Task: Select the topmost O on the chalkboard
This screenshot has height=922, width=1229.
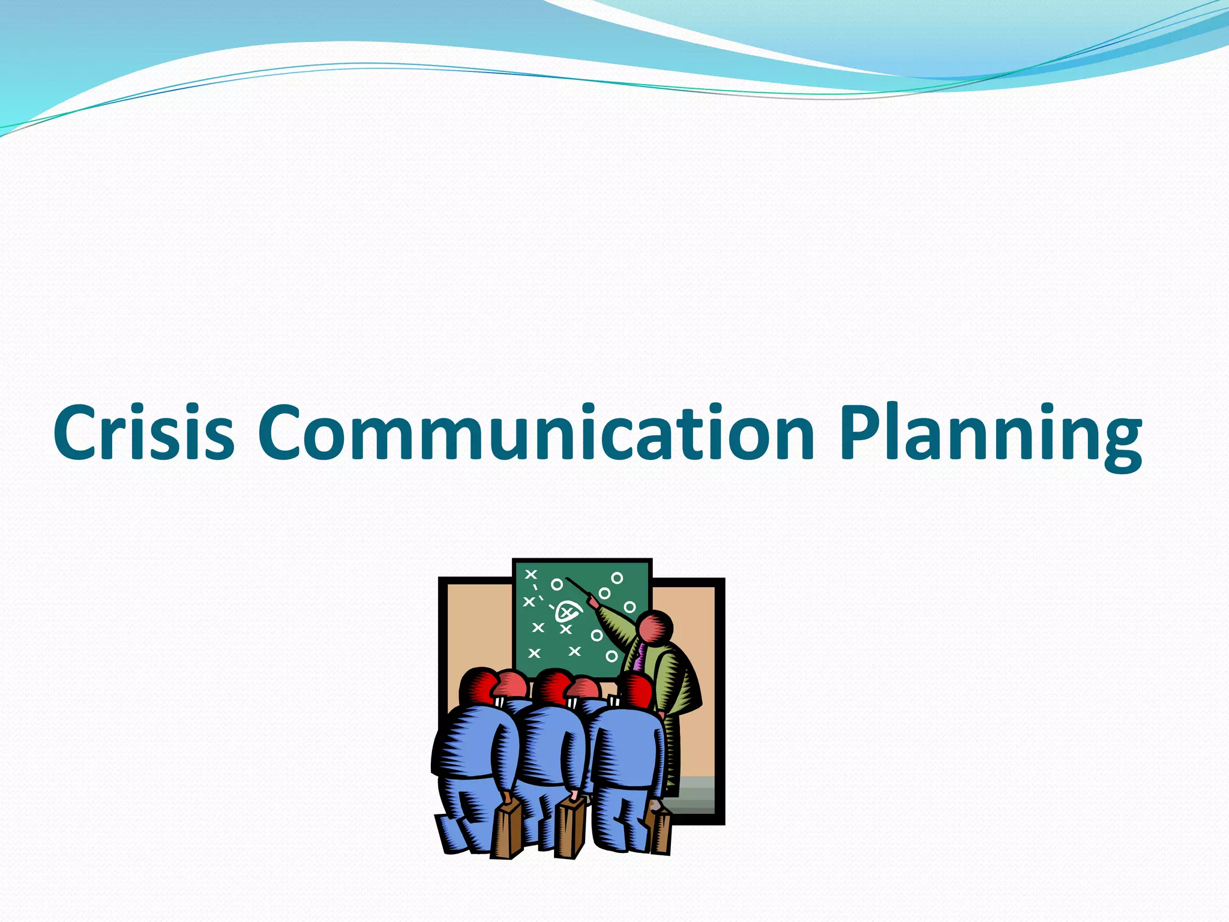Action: point(617,578)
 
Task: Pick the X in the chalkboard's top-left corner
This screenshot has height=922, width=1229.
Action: point(530,574)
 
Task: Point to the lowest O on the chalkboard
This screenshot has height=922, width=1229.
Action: point(611,656)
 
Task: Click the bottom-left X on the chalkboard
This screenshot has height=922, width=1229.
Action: point(534,653)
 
